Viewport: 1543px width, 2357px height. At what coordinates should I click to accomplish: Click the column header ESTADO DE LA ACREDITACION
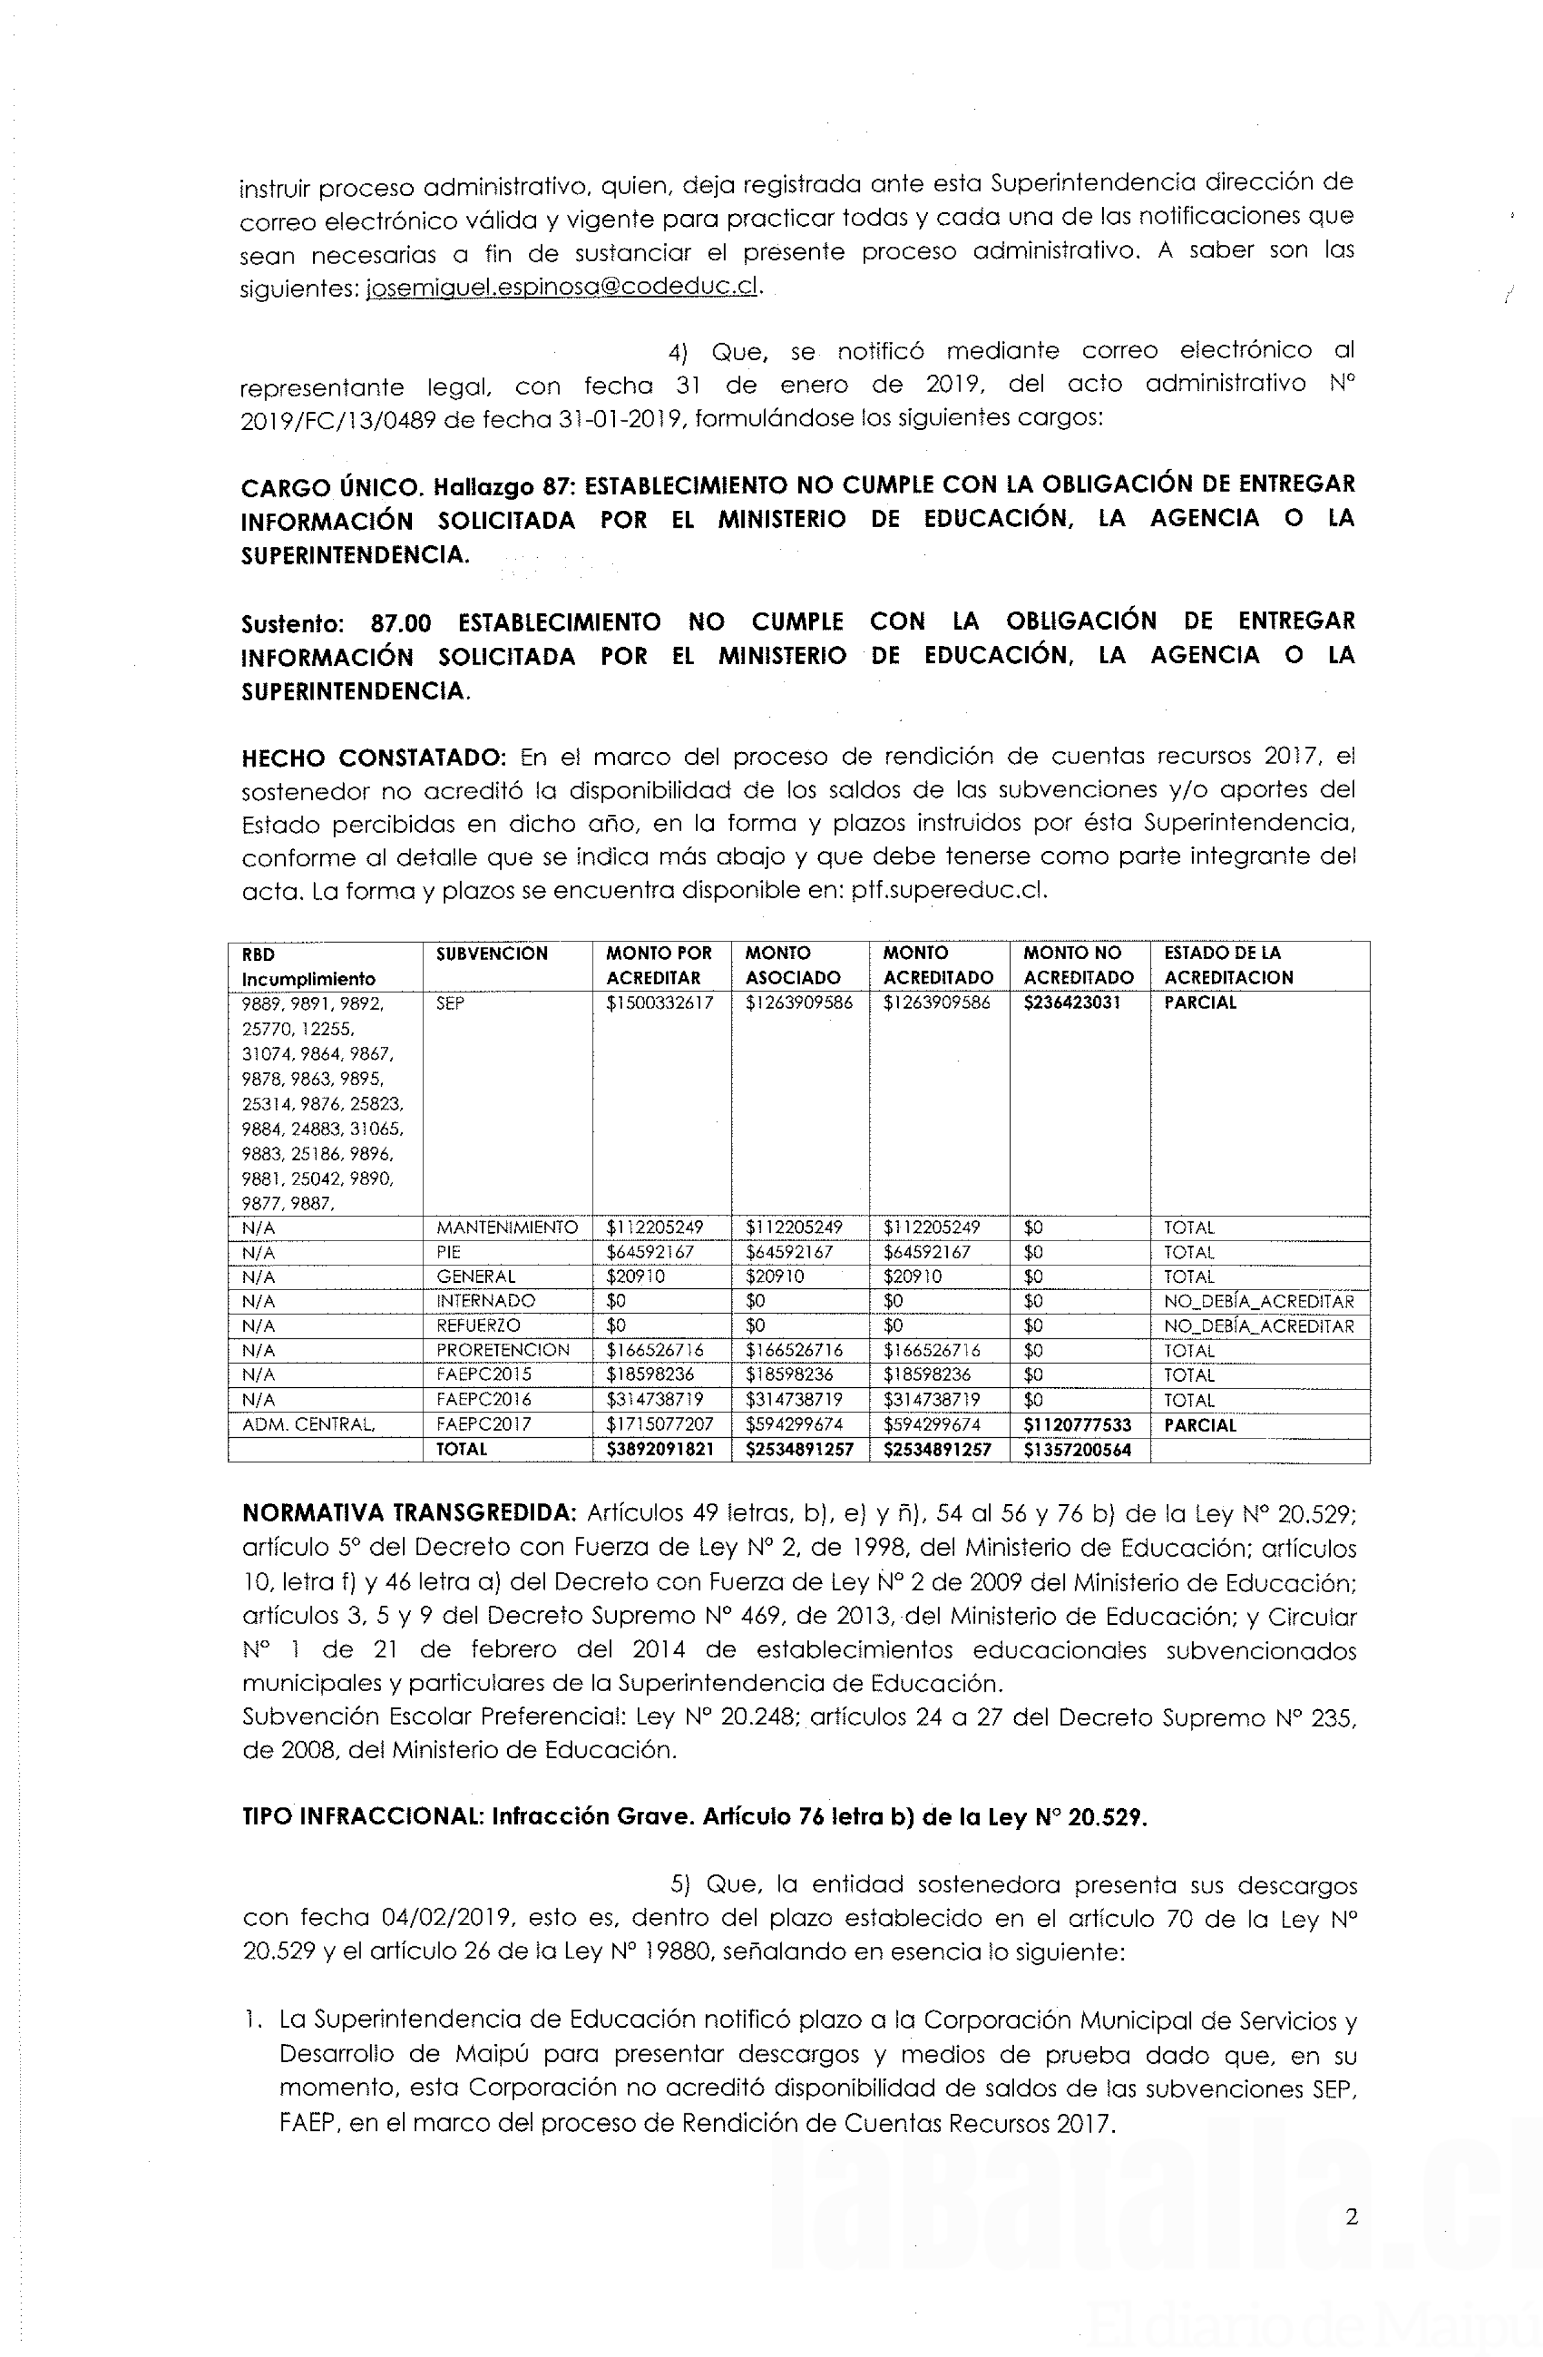pyautogui.click(x=1228, y=966)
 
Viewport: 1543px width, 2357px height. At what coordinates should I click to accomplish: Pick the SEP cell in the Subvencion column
pyautogui.click(x=450, y=1003)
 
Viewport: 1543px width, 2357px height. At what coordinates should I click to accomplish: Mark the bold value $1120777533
pyautogui.click(x=1078, y=1425)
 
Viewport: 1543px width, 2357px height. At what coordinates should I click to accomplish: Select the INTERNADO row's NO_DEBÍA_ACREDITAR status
pyautogui.click(x=1258, y=1302)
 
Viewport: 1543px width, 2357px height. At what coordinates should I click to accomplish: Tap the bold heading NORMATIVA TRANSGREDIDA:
pyautogui.click(x=409, y=1513)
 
